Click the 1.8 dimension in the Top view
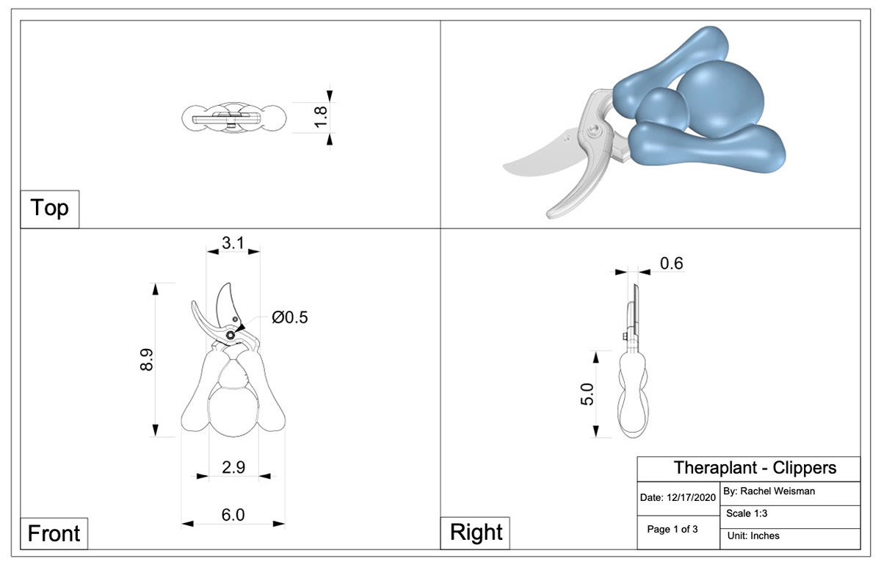pyautogui.click(x=321, y=117)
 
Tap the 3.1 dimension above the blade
pyautogui.click(x=233, y=242)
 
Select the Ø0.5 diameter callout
pyautogui.click(x=289, y=317)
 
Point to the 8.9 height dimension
pyautogui.click(x=147, y=359)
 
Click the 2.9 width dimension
pyautogui.click(x=233, y=467)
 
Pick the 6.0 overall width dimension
pyautogui.click(x=233, y=515)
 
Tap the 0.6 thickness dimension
pyautogui.click(x=672, y=263)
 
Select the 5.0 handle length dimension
pyautogui.click(x=587, y=393)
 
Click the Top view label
pyautogui.click(x=50, y=209)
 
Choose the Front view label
pyautogui.click(x=54, y=533)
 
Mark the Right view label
pyautogui.click(x=476, y=533)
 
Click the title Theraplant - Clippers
pyautogui.click(x=755, y=468)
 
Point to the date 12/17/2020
pyautogui.click(x=678, y=497)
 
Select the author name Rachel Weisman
pyautogui.click(x=769, y=491)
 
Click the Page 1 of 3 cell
pyautogui.click(x=672, y=529)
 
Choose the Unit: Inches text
pyautogui.click(x=754, y=535)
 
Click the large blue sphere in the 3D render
pyautogui.click(x=719, y=99)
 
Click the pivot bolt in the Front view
pyautogui.click(x=231, y=335)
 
